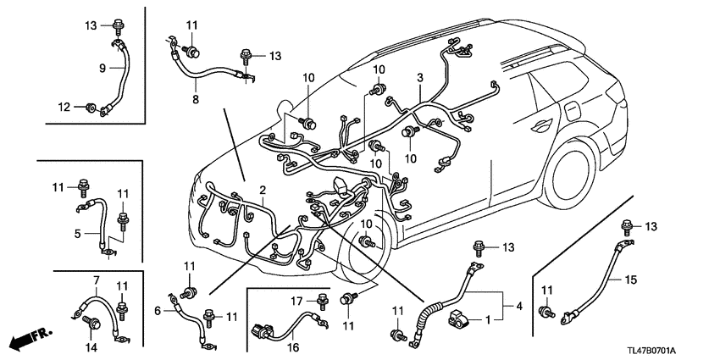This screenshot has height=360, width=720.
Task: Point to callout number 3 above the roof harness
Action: (418, 78)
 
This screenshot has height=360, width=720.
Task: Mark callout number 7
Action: (95, 280)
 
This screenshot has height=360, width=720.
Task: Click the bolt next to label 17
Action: (322, 298)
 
